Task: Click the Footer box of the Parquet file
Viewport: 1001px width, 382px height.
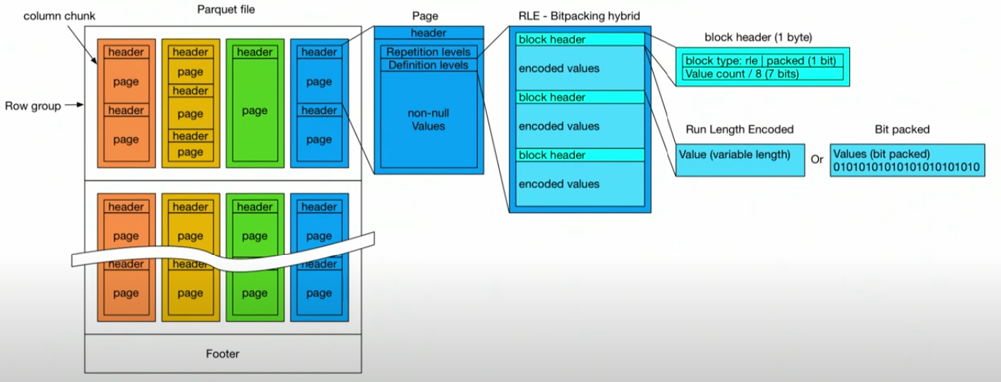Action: pos(222,353)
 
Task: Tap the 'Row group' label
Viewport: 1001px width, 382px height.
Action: pos(32,107)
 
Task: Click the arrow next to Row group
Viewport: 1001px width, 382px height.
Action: pos(72,107)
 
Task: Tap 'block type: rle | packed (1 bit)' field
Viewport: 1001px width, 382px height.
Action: pos(763,61)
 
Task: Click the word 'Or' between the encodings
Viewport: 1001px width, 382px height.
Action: pos(817,161)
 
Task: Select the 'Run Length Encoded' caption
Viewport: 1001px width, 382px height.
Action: pos(739,130)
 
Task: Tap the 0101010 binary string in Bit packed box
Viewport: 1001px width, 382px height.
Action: pos(907,166)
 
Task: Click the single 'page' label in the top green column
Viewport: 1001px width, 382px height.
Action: pos(254,110)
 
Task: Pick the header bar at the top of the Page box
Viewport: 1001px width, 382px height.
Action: pos(428,33)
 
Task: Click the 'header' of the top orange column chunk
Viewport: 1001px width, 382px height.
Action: pos(126,52)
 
